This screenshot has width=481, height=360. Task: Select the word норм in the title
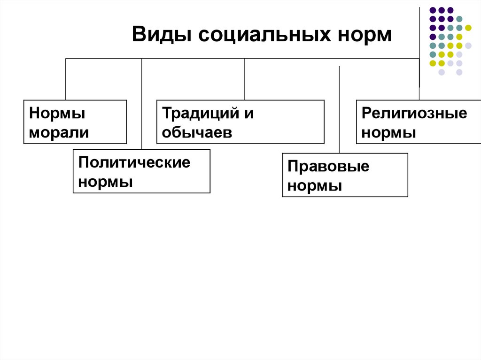pyautogui.click(x=365, y=35)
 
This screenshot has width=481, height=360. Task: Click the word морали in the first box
pyautogui.click(x=59, y=132)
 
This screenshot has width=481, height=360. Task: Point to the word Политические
pyautogui.click(x=135, y=162)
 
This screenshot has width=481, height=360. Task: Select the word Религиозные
pyautogui.click(x=415, y=114)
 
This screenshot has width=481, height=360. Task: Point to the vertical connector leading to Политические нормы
pyautogui.click(x=141, y=103)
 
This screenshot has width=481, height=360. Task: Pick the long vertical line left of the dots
pyautogui.click(x=419, y=47)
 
